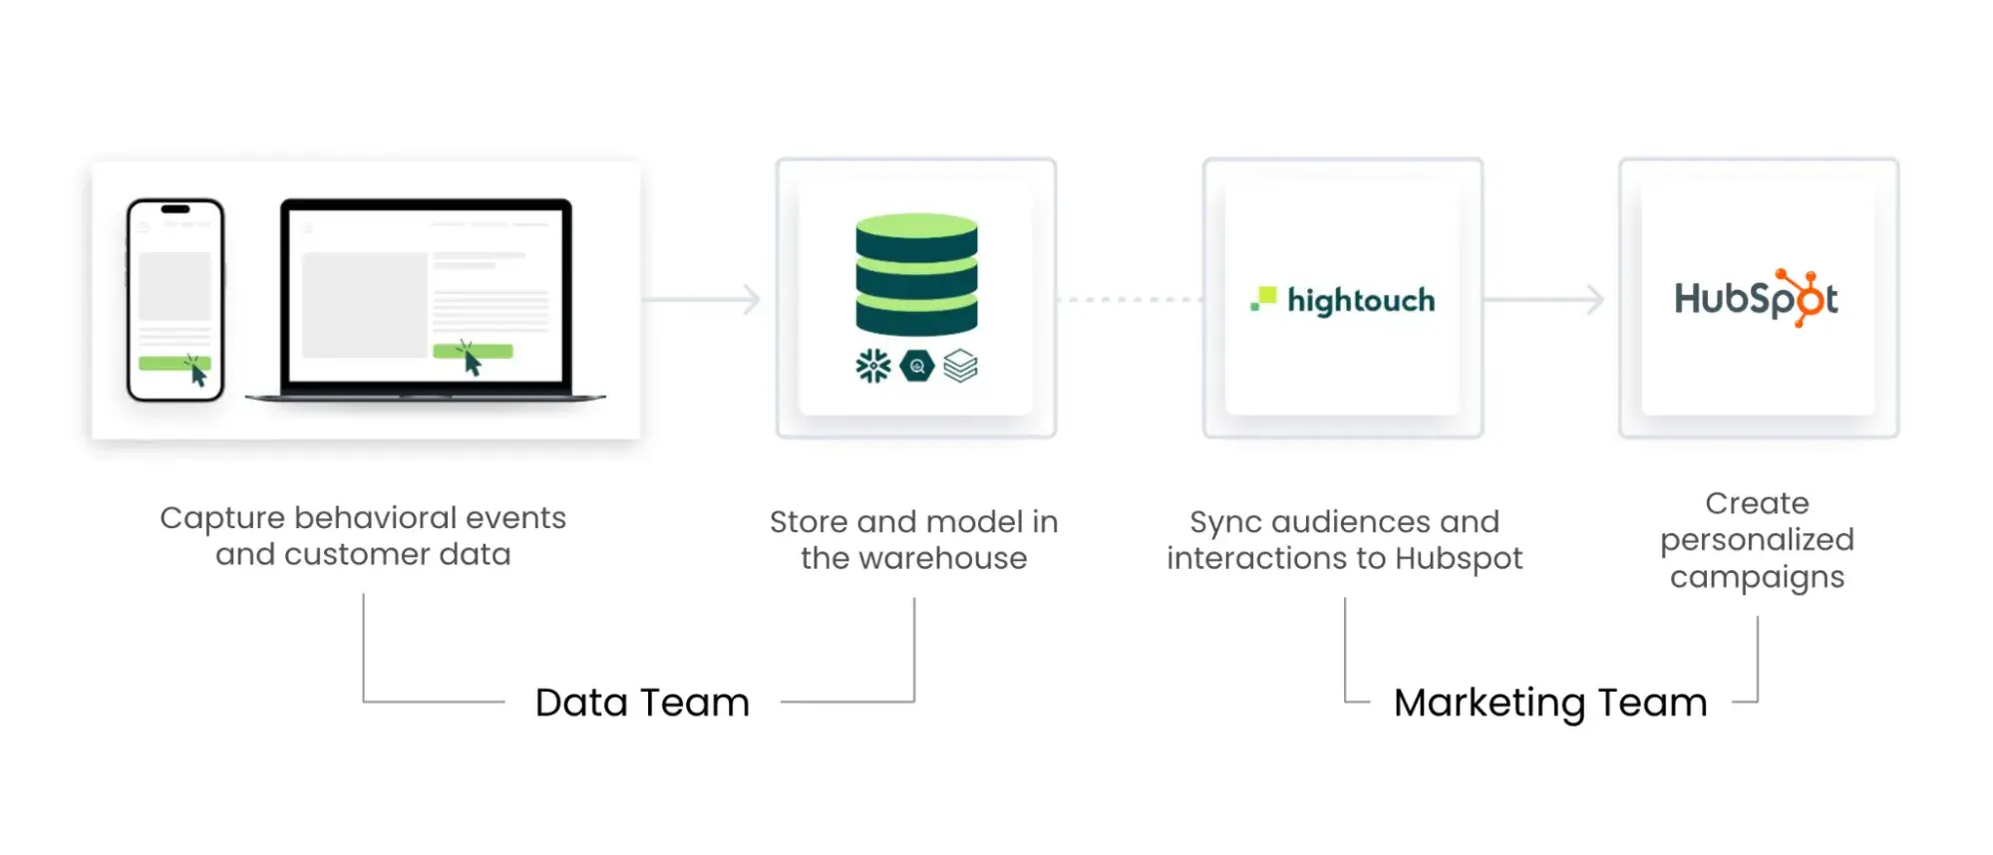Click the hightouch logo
pyautogui.click(x=1343, y=299)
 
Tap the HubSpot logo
pyautogui.click(x=1756, y=298)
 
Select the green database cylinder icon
pyautogui.click(x=916, y=274)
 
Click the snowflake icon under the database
pyautogui.click(x=873, y=366)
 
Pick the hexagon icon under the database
pyautogui.click(x=916, y=367)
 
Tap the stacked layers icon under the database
pyautogui.click(x=960, y=366)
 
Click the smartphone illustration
pyautogui.click(x=175, y=299)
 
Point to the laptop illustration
pyautogui.click(x=426, y=299)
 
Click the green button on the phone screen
pyautogui.click(x=172, y=364)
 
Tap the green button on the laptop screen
pyautogui.click(x=472, y=351)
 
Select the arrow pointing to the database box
pyautogui.click(x=704, y=299)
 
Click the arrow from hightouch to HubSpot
pyautogui.click(x=1544, y=299)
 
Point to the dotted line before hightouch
pyautogui.click(x=1130, y=299)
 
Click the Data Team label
pyautogui.click(x=642, y=703)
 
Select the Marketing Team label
pyautogui.click(x=1550, y=703)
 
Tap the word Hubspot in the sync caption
pyautogui.click(x=1459, y=559)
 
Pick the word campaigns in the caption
pyautogui.click(x=1757, y=577)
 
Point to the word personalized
pyautogui.click(x=1757, y=540)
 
